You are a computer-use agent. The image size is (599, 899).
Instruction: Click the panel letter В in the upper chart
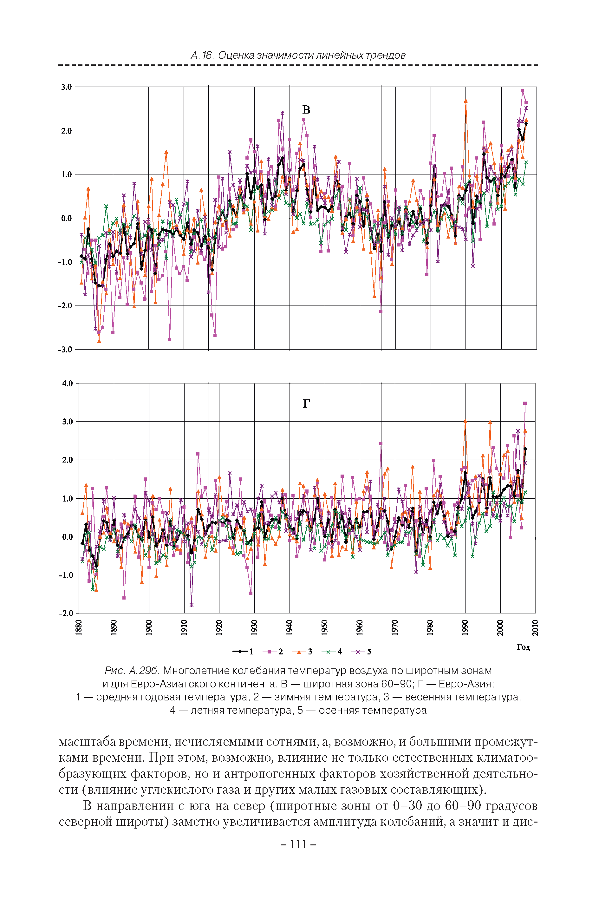(x=306, y=110)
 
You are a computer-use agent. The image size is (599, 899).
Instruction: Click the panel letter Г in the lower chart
(x=306, y=404)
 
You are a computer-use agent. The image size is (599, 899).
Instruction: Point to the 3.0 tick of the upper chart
(x=67, y=87)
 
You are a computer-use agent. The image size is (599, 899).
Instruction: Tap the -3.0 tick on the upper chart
(x=65, y=350)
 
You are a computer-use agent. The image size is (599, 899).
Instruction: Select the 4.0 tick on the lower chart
(x=67, y=383)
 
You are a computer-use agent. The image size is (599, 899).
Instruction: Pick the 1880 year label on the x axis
(x=79, y=628)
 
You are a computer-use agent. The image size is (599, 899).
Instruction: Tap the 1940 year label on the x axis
(x=290, y=628)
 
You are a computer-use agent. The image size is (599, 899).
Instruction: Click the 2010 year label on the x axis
(x=535, y=628)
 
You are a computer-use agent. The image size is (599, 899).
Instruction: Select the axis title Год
(x=523, y=646)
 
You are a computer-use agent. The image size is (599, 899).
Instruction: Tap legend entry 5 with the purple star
(x=361, y=652)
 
